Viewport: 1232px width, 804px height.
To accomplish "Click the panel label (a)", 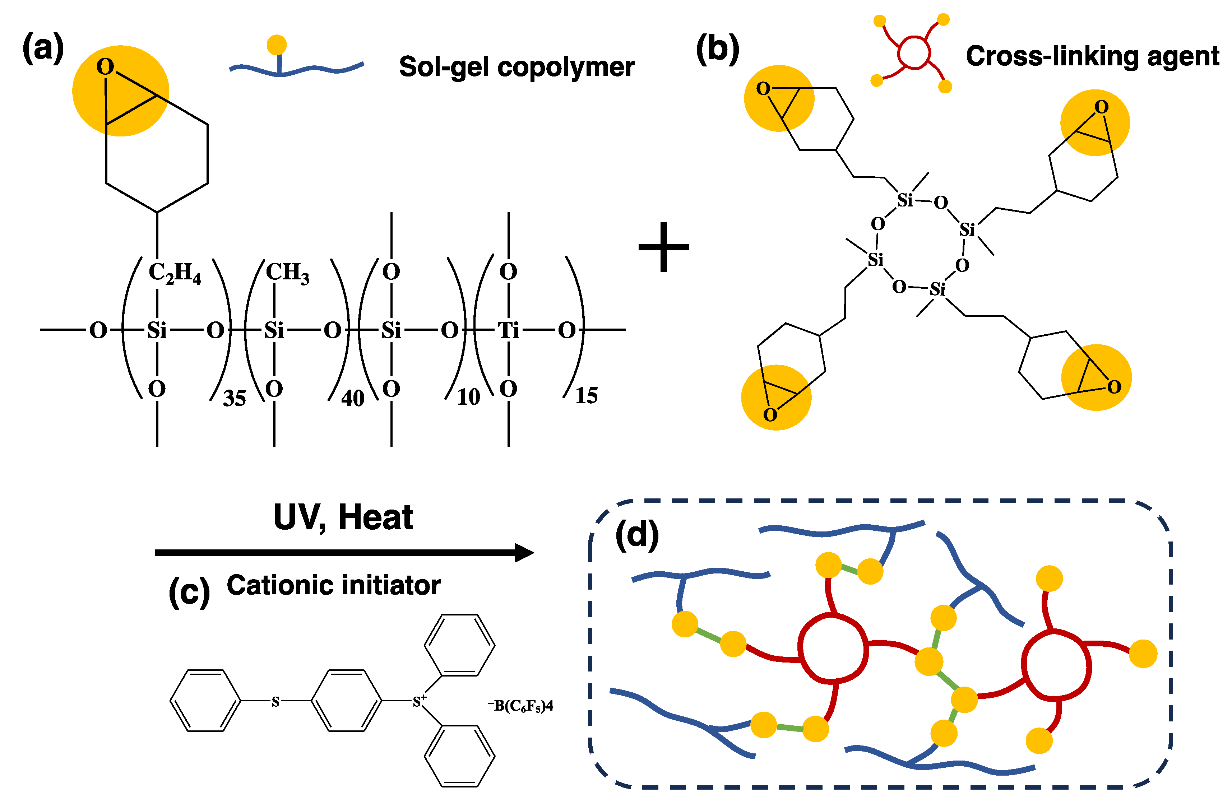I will [x=43, y=48].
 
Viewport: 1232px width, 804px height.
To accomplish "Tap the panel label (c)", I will [x=189, y=591].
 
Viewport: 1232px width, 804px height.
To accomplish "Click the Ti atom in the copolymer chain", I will [x=508, y=330].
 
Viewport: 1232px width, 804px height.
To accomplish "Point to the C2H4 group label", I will [x=175, y=273].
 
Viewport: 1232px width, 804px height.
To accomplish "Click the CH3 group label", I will [x=287, y=272].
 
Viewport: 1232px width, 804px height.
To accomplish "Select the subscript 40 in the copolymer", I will [x=352, y=398].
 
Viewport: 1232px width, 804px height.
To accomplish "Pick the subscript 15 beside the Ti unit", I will [x=587, y=396].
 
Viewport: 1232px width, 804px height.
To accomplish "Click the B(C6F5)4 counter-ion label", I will [x=521, y=706].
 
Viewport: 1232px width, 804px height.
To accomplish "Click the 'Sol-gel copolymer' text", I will [x=517, y=67].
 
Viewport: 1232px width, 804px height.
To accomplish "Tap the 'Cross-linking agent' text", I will [x=1092, y=56].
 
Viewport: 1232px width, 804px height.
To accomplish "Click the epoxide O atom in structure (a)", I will [x=105, y=67].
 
